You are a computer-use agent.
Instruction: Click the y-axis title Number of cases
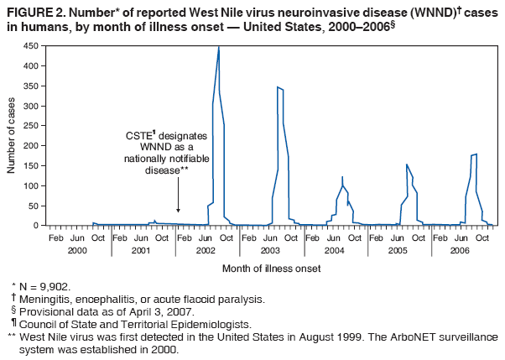(12, 136)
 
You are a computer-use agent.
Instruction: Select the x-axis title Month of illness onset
(271, 269)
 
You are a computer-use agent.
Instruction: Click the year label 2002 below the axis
(206, 250)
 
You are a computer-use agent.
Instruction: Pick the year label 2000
(78, 250)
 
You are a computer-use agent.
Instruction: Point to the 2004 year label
(335, 250)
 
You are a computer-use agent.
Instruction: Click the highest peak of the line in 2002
(219, 47)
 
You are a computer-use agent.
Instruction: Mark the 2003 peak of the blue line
(278, 87)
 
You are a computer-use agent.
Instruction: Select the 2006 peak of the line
(476, 154)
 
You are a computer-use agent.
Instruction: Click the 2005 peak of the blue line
(407, 164)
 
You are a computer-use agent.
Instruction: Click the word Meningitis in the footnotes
(47, 299)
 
